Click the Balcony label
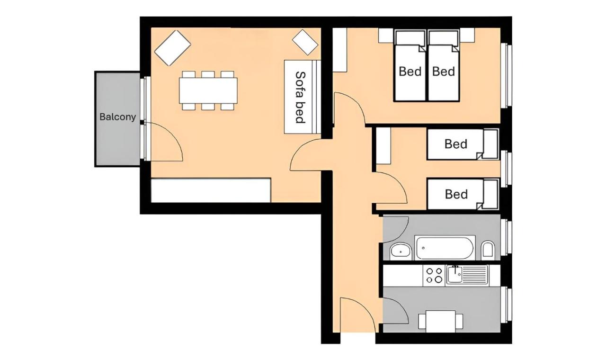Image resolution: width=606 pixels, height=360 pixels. [117, 117]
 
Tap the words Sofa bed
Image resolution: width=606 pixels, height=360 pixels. [300, 97]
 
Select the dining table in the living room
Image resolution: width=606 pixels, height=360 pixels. [208, 90]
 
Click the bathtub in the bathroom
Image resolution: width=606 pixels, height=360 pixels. [445, 248]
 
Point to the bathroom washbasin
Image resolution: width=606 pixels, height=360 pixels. [401, 252]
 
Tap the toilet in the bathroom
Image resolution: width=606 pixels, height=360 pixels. [488, 249]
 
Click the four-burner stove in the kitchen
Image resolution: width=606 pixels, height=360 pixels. [434, 275]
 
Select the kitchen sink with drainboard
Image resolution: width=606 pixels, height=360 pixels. [467, 275]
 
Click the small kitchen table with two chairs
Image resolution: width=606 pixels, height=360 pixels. [440, 321]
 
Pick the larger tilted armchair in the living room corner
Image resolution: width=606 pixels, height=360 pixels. [173, 48]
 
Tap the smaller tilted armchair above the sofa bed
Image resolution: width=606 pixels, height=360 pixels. [305, 42]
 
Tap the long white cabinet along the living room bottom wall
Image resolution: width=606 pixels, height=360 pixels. [211, 190]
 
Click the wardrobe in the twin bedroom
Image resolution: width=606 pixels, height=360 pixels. [383, 146]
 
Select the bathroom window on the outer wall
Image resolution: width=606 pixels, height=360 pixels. [506, 237]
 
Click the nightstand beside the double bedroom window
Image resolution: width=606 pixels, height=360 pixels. [467, 35]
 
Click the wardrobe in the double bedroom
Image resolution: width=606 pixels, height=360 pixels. [339, 50]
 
